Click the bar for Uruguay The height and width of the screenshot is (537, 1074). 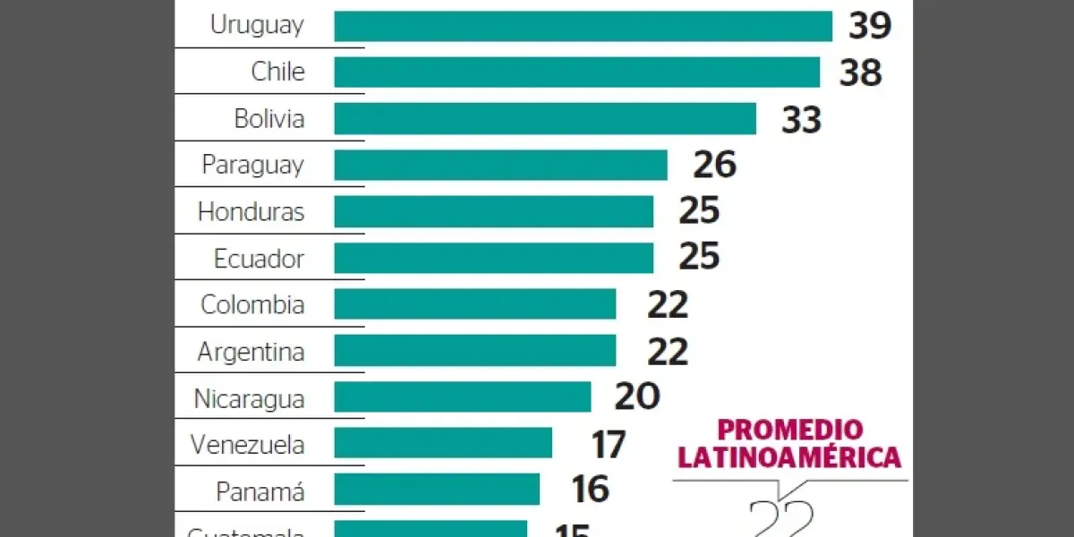coord(583,26)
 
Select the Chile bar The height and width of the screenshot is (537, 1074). coord(576,72)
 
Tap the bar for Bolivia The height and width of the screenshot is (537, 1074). coord(544,119)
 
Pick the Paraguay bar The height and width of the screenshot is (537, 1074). coord(500,165)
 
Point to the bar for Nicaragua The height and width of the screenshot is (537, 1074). coord(462,397)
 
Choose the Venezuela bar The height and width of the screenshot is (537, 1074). coord(443,443)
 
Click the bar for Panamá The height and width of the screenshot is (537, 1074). coord(437,490)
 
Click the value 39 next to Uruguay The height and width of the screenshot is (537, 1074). coord(871,26)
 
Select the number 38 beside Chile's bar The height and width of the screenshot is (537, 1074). coord(860,72)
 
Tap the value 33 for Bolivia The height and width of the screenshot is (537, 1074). coord(801,119)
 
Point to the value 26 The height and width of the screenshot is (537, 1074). coord(714,165)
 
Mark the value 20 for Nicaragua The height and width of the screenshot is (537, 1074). coord(637,397)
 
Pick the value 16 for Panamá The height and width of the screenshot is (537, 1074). coord(590,490)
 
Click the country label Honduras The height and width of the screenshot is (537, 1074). coord(251,212)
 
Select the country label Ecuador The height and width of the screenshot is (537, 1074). coord(259,259)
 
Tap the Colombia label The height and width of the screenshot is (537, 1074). coord(252,304)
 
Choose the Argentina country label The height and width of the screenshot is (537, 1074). coord(251,352)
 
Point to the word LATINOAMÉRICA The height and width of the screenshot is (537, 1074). coord(788,458)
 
